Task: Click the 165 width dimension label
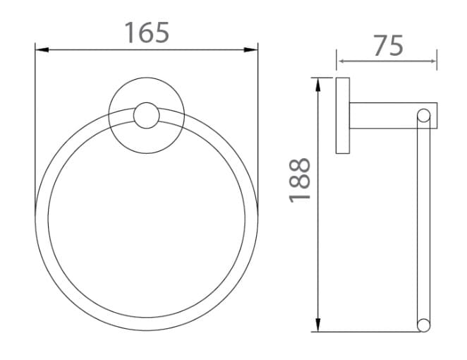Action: (x=147, y=32)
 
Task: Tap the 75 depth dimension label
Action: (x=387, y=45)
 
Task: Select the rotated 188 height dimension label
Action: (x=300, y=179)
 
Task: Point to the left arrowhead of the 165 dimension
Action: (x=41, y=49)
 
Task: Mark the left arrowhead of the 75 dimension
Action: (x=342, y=61)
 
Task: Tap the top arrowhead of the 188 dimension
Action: (x=320, y=83)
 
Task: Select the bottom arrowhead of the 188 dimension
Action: (x=320, y=325)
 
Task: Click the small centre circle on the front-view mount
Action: (x=147, y=116)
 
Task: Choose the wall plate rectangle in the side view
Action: (x=343, y=116)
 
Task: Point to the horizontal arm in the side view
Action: (x=384, y=116)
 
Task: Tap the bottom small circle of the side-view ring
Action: (x=423, y=325)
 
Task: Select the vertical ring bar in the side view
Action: (x=423, y=219)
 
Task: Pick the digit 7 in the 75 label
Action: (x=379, y=45)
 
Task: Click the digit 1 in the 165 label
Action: (x=130, y=32)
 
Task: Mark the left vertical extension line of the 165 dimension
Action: (x=35, y=127)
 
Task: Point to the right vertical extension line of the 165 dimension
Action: (x=258, y=127)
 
